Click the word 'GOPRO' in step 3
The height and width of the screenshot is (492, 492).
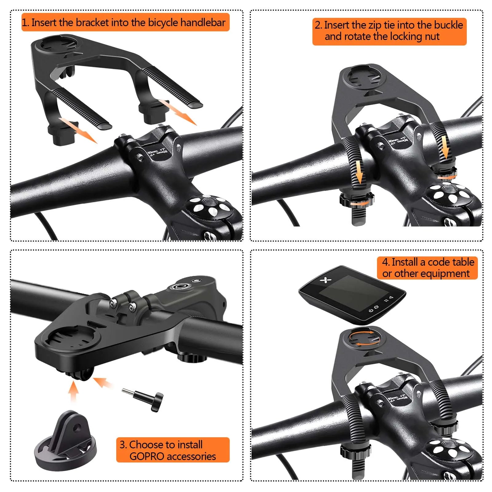coord(147,456)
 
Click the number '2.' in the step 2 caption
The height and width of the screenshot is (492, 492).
coord(319,25)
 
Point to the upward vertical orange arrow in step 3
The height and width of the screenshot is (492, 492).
coord(73,391)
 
